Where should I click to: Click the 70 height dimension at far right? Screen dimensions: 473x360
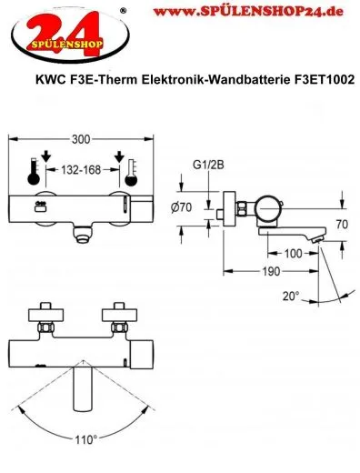[x=345, y=221]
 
